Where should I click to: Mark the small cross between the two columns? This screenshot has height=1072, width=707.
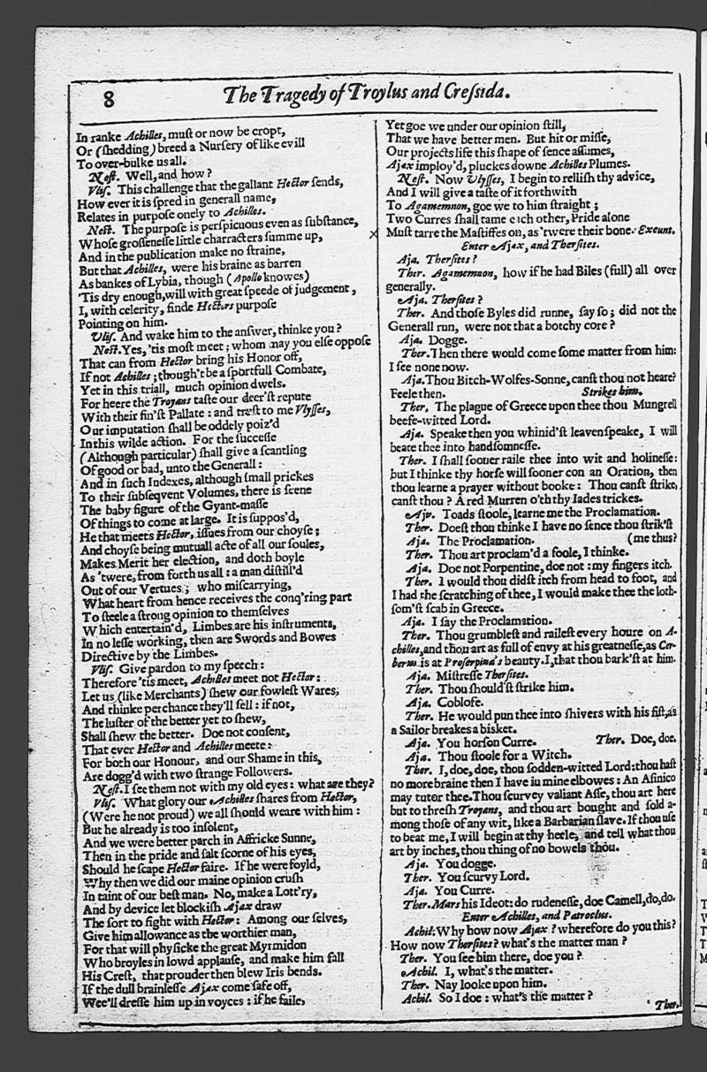[x=374, y=233]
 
